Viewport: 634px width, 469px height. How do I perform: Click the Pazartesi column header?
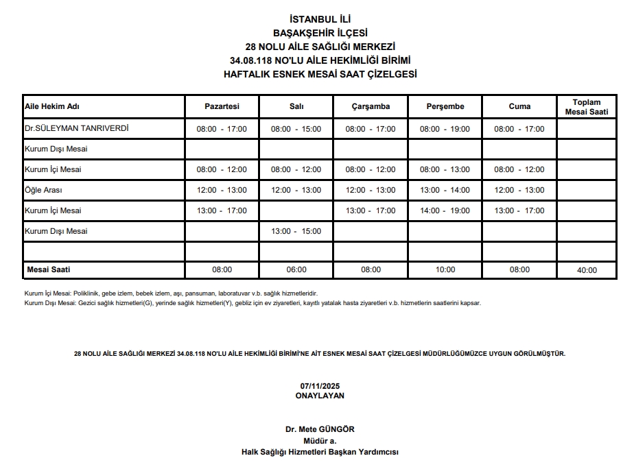pos(222,106)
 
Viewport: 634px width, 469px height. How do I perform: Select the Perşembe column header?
pos(445,106)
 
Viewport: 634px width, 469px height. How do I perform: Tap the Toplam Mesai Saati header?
pos(586,107)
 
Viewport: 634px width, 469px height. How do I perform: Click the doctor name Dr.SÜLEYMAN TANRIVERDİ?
pos(76,128)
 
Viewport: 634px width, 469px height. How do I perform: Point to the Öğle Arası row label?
pos(43,190)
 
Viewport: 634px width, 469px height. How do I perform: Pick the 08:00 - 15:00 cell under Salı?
pos(296,129)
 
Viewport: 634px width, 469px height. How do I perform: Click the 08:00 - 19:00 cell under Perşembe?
pos(445,129)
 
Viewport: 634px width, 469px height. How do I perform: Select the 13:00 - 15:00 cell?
pos(296,231)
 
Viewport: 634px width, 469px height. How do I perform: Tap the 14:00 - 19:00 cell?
pos(445,211)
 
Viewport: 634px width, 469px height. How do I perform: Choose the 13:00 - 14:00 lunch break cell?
pos(445,190)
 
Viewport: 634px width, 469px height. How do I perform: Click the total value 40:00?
pos(586,270)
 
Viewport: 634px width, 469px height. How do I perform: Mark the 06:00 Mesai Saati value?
pos(296,269)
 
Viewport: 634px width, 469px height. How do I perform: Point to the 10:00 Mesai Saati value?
pos(445,269)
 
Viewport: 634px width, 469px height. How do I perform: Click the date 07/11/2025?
pos(319,386)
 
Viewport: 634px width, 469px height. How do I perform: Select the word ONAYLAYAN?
pos(319,396)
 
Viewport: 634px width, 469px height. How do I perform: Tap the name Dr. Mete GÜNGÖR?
pos(320,429)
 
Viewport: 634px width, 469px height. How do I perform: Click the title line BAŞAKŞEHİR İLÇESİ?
pos(320,32)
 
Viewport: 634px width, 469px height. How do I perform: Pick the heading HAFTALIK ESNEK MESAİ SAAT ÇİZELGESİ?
pos(320,74)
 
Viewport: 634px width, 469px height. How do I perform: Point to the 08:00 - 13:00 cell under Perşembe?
pos(445,169)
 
